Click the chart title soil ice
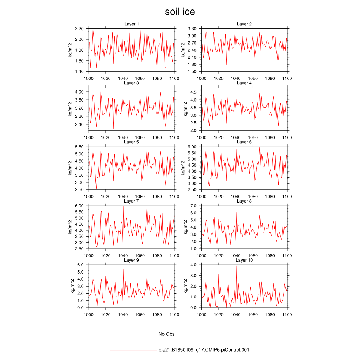tap(180, 12)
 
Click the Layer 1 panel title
tap(131, 24)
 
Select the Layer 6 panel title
tap(244, 142)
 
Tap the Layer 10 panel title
tap(244, 260)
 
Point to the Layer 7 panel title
tap(131, 201)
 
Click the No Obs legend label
tap(166, 334)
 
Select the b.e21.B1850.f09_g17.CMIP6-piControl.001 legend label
tap(204, 350)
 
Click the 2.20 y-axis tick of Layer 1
tap(79, 28)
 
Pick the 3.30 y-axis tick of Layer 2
tap(192, 28)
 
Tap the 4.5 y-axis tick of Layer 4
tap(193, 92)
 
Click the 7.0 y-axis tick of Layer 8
tap(193, 206)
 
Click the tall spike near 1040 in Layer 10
tap(237, 266)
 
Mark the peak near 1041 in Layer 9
tap(124, 269)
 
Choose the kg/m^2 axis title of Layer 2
tap(183, 50)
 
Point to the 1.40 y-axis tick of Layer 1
tap(79, 71)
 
